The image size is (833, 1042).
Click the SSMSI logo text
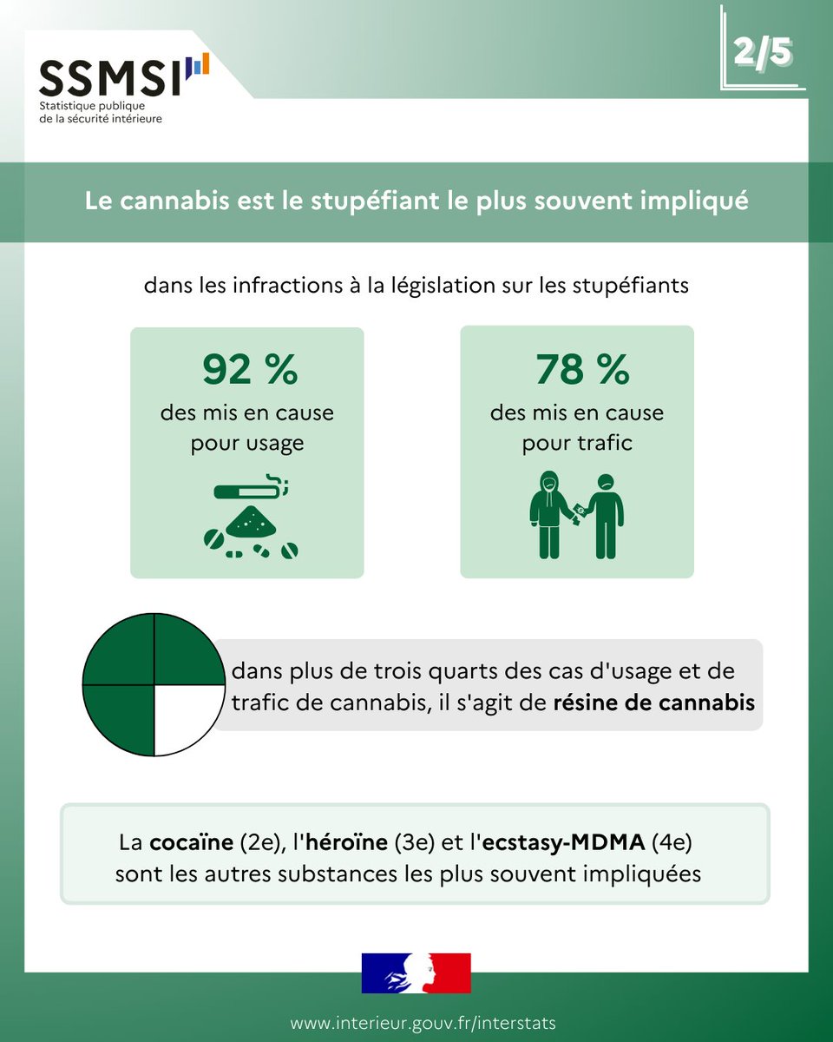point(111,78)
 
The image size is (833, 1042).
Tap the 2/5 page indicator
point(763,52)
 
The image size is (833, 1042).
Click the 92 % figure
point(250,370)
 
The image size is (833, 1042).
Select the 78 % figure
point(581,370)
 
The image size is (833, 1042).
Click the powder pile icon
point(251,521)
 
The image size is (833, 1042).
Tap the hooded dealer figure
point(548,514)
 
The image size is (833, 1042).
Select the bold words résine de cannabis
point(653,702)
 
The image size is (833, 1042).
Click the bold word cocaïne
point(187,842)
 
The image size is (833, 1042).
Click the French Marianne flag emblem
point(416,973)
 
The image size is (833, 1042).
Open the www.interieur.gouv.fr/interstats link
point(423,1023)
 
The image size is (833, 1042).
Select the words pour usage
point(247,443)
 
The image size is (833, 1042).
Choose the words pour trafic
point(577,443)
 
